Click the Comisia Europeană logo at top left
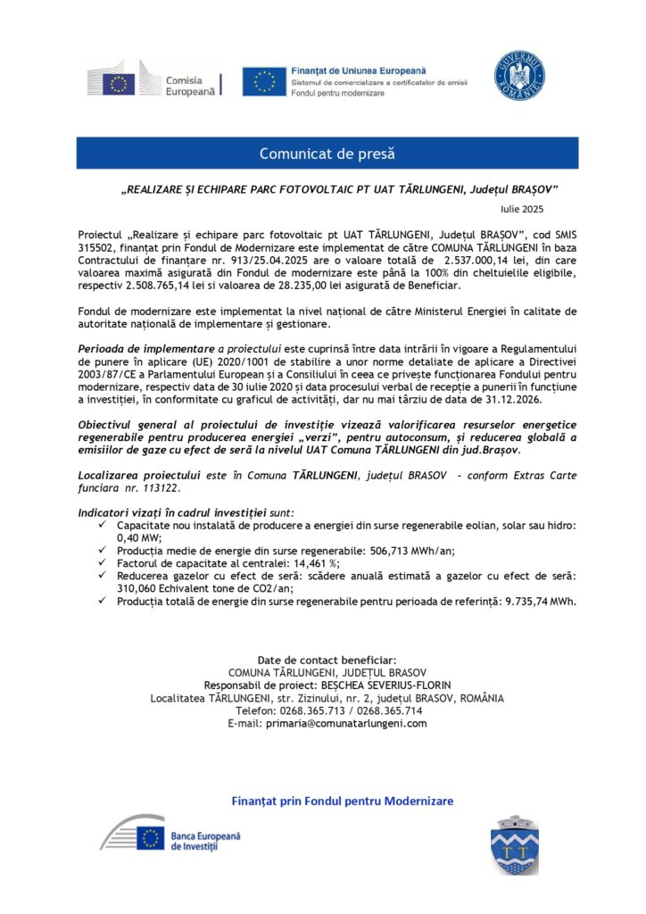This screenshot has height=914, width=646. [152, 83]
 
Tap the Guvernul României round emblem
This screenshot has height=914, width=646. [520, 76]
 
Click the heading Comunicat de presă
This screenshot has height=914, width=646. [327, 154]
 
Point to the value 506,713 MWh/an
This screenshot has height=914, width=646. [405, 551]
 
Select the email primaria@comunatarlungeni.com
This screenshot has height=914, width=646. [346, 723]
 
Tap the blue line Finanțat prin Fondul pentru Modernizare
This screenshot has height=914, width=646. [342, 801]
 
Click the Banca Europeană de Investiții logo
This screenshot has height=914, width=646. [169, 837]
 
